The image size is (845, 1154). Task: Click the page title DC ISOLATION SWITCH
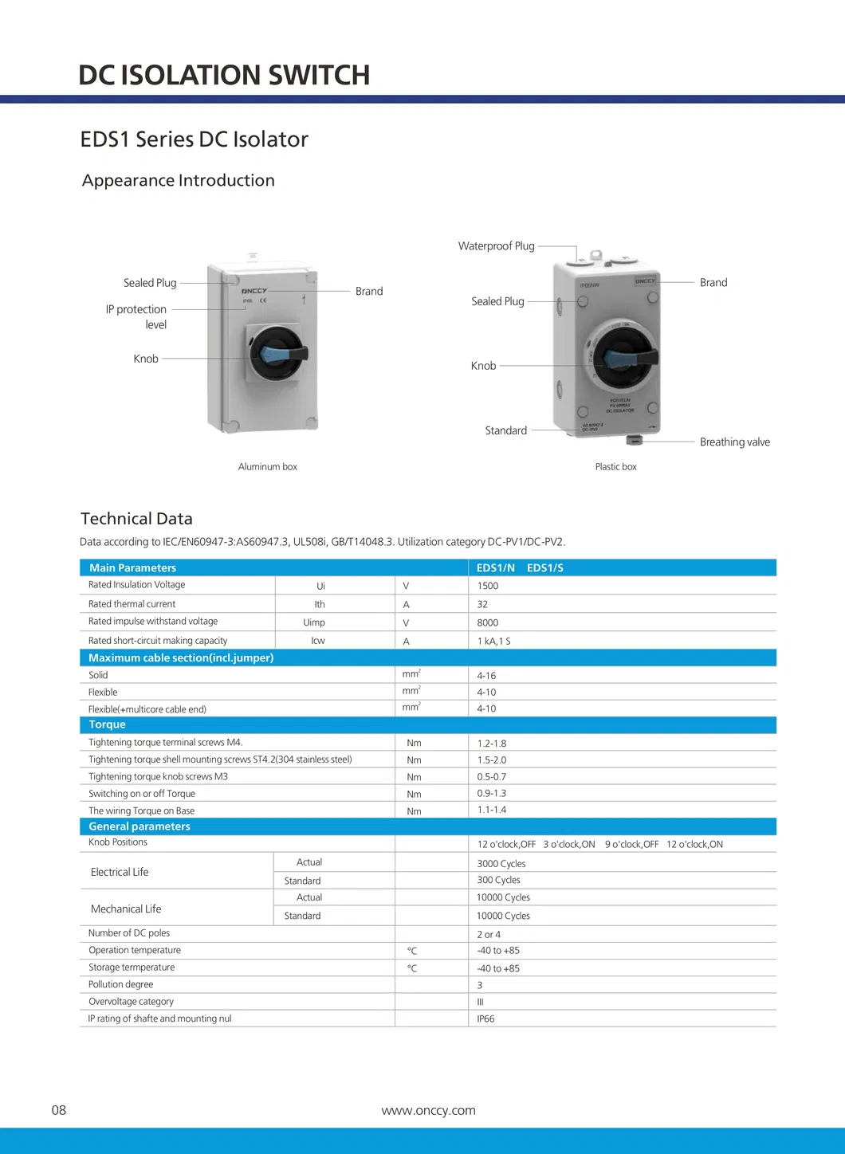tap(224, 75)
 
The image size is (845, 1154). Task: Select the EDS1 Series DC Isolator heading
tap(194, 139)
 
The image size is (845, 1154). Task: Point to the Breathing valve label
tap(734, 442)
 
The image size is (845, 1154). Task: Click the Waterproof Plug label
tap(496, 246)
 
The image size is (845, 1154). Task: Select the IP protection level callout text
tap(136, 316)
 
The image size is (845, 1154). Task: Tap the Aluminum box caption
tap(267, 467)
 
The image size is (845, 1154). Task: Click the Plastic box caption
tap(615, 467)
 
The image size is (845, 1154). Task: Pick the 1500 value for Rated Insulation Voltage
tap(488, 586)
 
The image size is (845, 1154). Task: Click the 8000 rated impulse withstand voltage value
tap(488, 622)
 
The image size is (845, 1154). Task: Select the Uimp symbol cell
tap(314, 622)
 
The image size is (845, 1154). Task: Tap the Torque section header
tap(108, 724)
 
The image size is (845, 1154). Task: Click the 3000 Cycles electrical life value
tap(501, 864)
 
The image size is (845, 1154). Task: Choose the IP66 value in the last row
tap(485, 1019)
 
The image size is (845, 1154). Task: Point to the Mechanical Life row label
tap(126, 909)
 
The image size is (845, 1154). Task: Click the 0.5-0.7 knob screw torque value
tap(492, 777)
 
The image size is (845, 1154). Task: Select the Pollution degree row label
tap(121, 984)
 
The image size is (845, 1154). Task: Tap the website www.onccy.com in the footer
tap(429, 1110)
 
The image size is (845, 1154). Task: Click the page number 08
tap(59, 1110)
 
